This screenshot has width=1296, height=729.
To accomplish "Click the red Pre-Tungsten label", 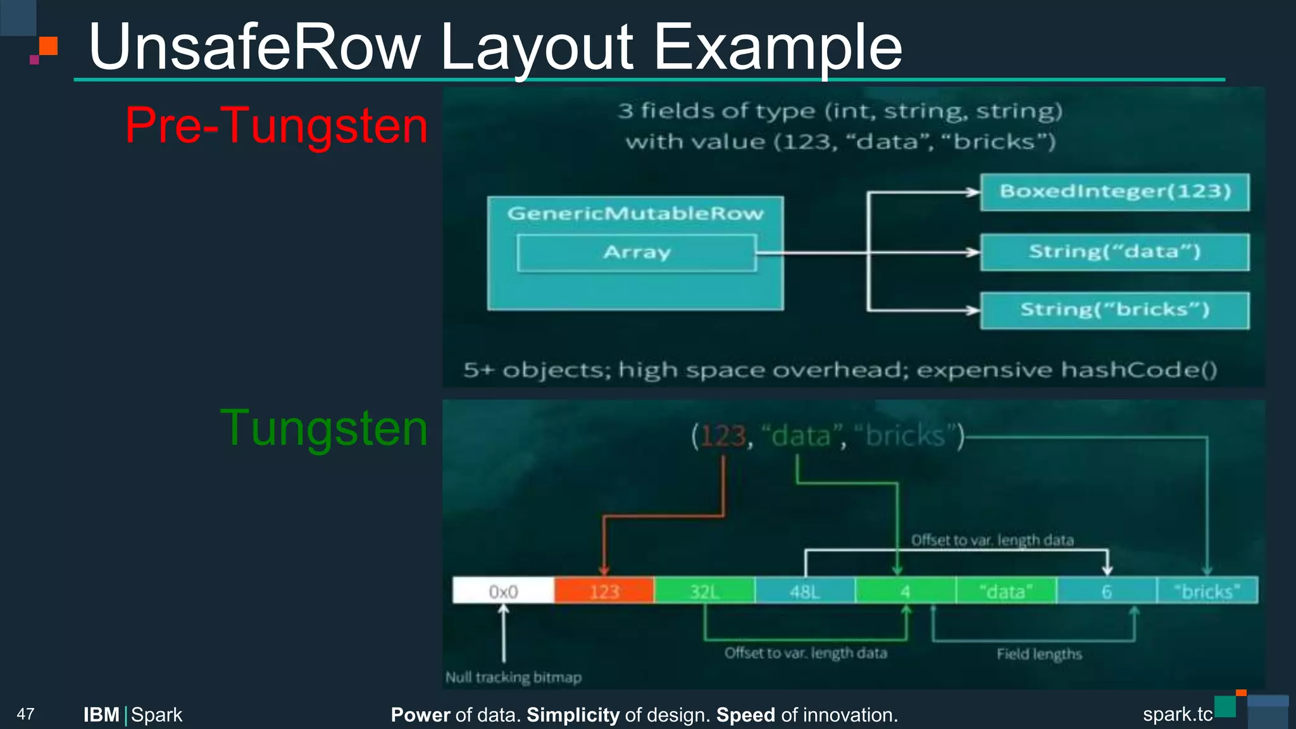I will click(x=277, y=125).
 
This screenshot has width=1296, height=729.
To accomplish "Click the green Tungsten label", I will click(x=324, y=428).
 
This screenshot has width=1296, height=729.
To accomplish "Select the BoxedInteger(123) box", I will click(x=1114, y=192).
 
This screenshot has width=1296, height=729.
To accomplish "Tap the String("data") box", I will click(x=1114, y=252).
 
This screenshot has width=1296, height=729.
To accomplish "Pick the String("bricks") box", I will click(x=1114, y=310).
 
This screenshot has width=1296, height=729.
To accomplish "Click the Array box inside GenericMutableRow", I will click(x=637, y=253).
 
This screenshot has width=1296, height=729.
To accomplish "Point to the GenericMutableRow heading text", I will click(x=635, y=214).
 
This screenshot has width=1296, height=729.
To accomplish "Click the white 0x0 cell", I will click(x=504, y=591).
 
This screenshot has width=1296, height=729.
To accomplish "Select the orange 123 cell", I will click(x=604, y=591).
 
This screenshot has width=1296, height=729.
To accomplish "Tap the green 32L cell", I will click(x=704, y=591).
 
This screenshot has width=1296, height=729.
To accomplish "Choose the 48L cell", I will click(x=804, y=591).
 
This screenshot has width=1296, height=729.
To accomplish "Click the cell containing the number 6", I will click(x=1106, y=591).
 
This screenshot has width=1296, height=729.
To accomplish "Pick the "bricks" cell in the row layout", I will click(x=1207, y=591).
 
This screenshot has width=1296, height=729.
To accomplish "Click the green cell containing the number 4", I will click(x=905, y=591).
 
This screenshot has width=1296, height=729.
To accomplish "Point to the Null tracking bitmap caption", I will click(x=513, y=678).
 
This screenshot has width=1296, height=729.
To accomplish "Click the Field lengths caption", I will click(x=1039, y=654).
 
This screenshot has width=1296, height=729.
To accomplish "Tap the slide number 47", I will click(x=25, y=714).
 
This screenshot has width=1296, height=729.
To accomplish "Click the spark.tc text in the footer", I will click(x=1177, y=714).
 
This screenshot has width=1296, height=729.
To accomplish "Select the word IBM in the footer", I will click(x=101, y=715).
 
